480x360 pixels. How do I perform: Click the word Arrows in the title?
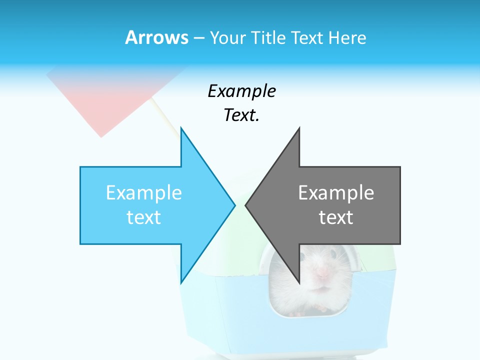[x=156, y=37]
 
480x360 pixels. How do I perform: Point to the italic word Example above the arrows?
[x=241, y=91]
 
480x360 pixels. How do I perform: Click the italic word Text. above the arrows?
[x=241, y=115]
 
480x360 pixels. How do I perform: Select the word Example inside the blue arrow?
[x=144, y=193]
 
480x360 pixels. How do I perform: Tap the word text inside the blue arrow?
[x=144, y=217]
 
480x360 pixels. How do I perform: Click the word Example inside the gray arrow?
[x=336, y=193]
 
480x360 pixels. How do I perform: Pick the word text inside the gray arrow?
[x=336, y=217]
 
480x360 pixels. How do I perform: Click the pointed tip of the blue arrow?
[x=234, y=205]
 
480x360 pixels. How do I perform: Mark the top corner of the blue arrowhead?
[x=181, y=128]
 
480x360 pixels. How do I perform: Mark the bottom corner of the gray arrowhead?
[x=299, y=282]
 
